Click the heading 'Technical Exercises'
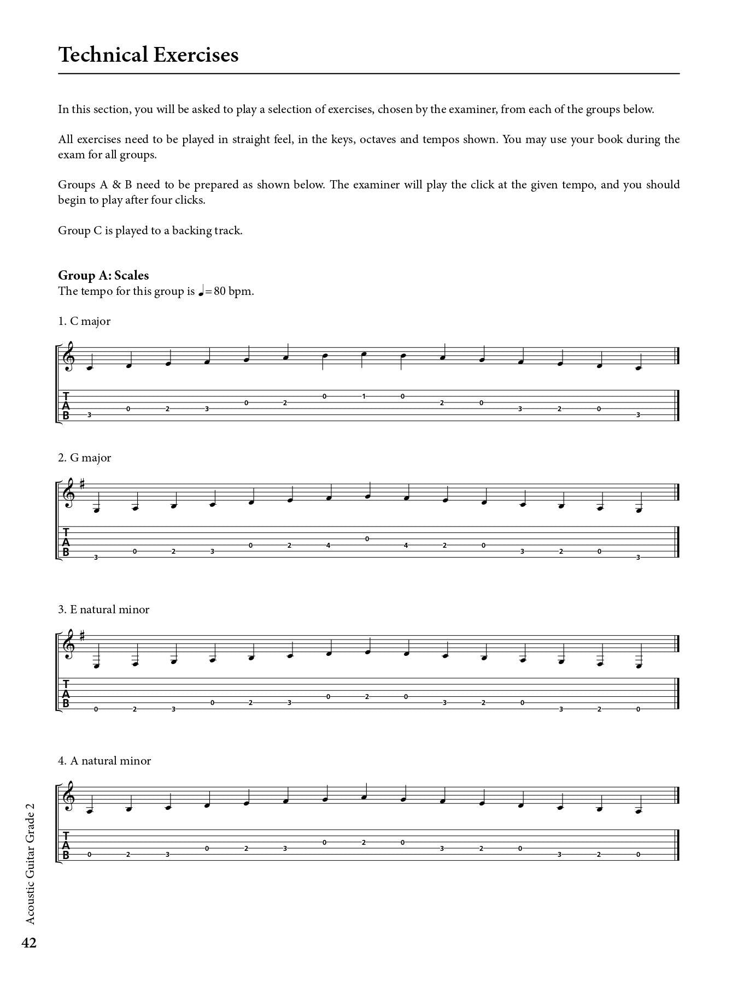[x=148, y=55]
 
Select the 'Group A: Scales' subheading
[x=103, y=275]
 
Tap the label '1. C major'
[x=84, y=321]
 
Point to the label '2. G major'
[x=85, y=458]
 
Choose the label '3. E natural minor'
[x=104, y=609]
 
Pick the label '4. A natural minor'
[x=104, y=761]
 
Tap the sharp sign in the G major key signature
[x=83, y=483]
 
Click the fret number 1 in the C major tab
[x=364, y=396]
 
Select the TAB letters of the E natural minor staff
[x=66, y=694]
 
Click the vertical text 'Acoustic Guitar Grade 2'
[x=30, y=863]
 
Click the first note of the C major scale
[x=90, y=366]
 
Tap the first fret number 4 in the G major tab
[x=329, y=545]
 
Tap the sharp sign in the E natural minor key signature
[x=83, y=635]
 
